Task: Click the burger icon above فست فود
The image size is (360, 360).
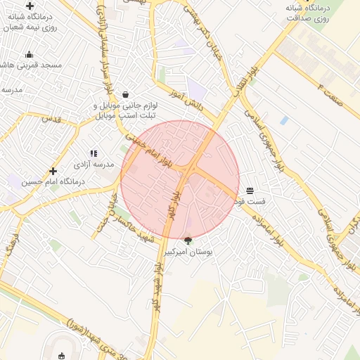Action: tap(250, 191)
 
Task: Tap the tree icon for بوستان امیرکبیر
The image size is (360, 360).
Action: tap(188, 240)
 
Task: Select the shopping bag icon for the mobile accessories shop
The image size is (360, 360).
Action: tap(125, 94)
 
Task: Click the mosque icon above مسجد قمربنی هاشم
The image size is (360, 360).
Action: tap(29, 54)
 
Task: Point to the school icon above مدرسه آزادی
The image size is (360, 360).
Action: tap(93, 153)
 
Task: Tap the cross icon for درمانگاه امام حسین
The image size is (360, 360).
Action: tap(53, 171)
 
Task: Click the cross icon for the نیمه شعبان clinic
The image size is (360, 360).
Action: tap(30, 6)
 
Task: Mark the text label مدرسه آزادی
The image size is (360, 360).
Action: tap(89, 164)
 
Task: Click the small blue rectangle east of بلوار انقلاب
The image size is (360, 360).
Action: tap(284, 120)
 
